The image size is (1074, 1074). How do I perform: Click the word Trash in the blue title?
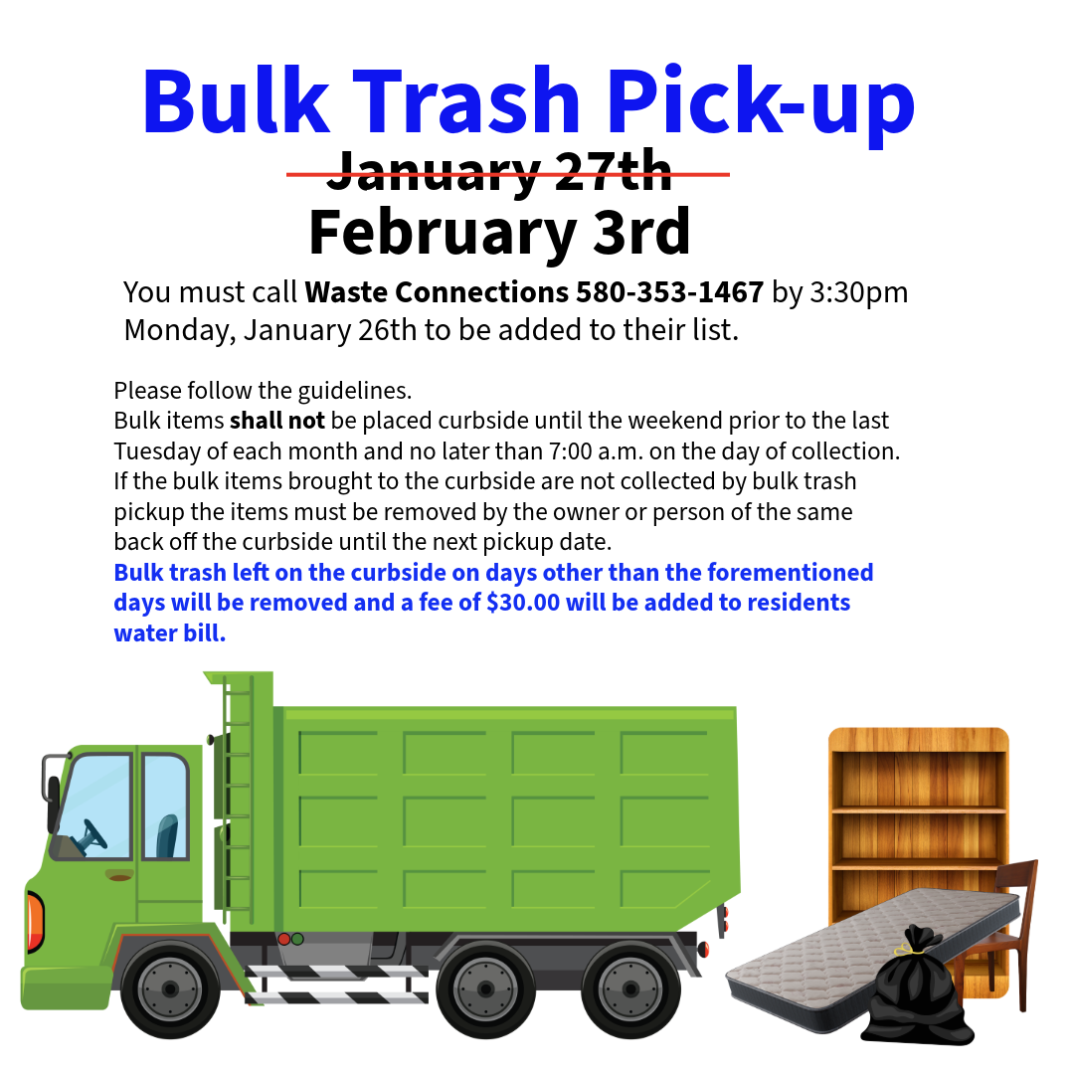[466, 101]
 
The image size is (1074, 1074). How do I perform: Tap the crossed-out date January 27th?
[499, 171]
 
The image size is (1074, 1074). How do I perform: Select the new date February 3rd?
[499, 232]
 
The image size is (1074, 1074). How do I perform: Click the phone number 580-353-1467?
[669, 292]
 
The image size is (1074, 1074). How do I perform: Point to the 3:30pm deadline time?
[859, 293]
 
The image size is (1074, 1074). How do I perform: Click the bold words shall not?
[277, 420]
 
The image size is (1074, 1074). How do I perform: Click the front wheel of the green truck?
[170, 988]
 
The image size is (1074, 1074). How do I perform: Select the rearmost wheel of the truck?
[630, 988]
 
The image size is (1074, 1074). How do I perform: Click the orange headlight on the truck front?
[34, 922]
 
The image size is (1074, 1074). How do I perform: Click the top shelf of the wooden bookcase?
[918, 810]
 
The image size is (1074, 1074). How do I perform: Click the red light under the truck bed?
[283, 939]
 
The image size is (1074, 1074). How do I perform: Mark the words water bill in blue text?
[170, 632]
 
